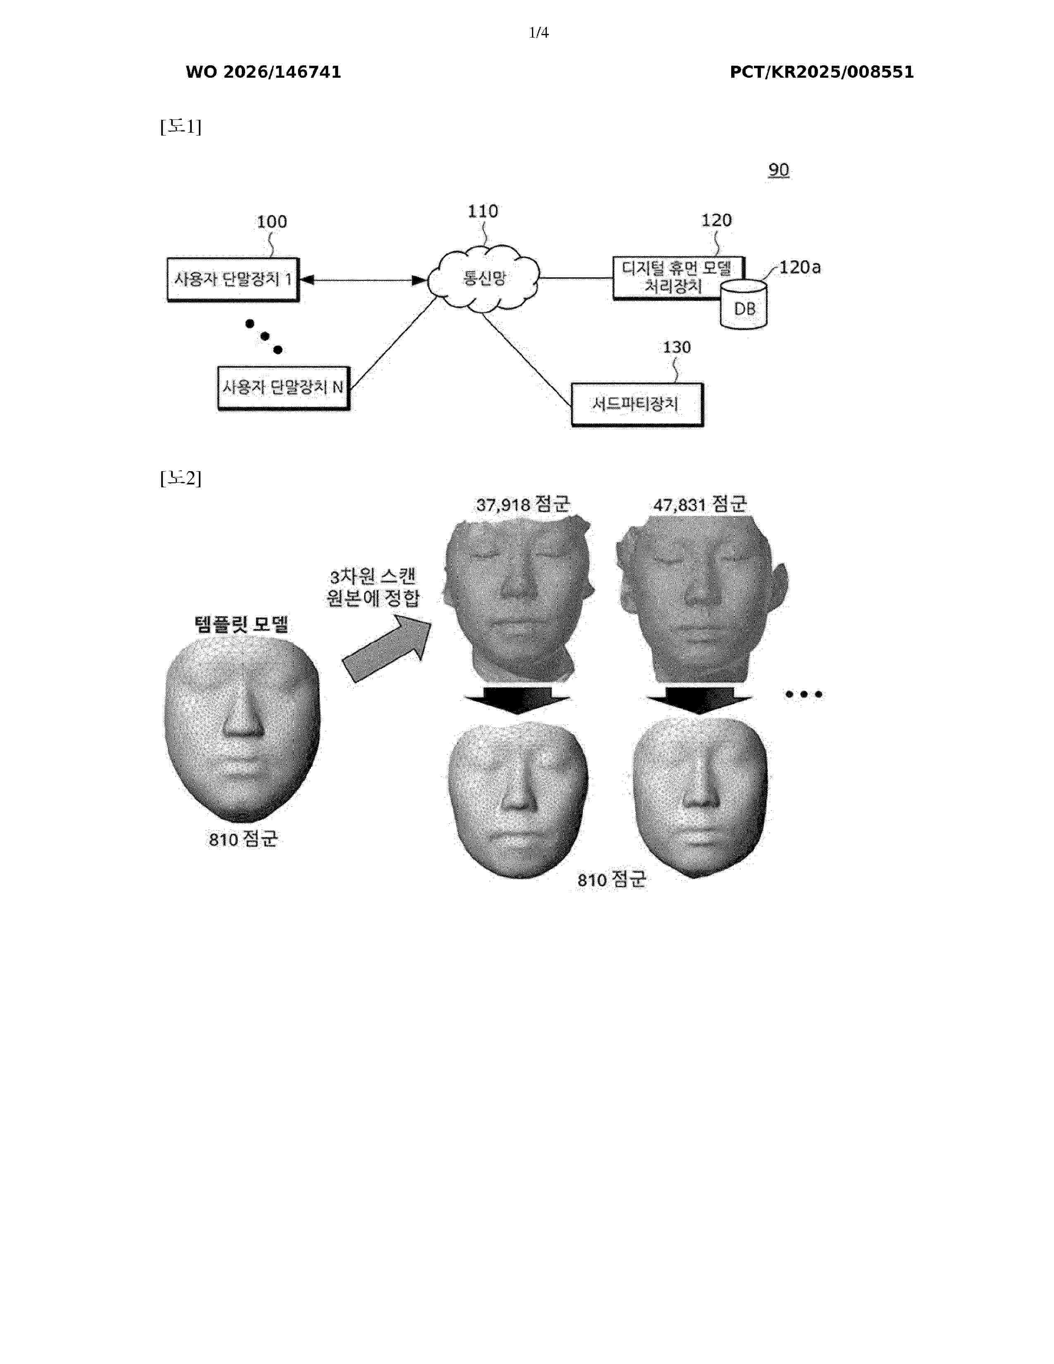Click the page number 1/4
(x=538, y=33)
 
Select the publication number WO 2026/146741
(x=263, y=72)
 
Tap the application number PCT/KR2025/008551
(x=821, y=72)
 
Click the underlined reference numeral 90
(x=779, y=170)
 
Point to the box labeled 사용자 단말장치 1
(x=233, y=280)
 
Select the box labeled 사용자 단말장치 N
(x=284, y=388)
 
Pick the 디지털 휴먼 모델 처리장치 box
(x=679, y=278)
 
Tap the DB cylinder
(x=744, y=304)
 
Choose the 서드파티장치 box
(x=637, y=405)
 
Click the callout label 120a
(x=800, y=268)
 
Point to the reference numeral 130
(x=677, y=347)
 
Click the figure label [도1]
(x=181, y=127)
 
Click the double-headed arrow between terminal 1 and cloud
(x=363, y=280)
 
